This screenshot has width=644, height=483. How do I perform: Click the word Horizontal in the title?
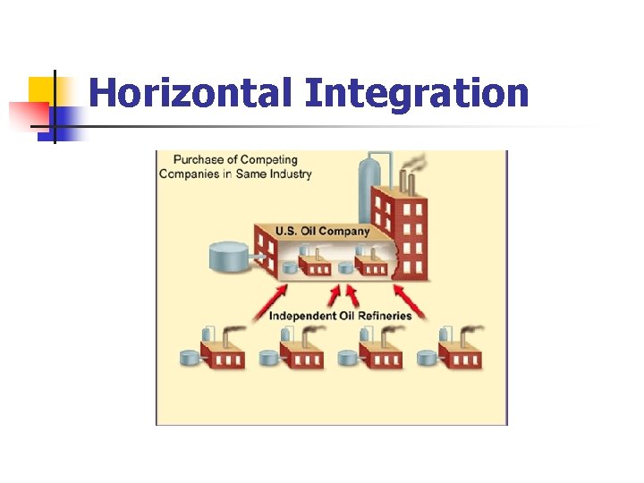pyautogui.click(x=191, y=92)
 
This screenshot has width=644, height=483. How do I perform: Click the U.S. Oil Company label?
pyautogui.click(x=322, y=231)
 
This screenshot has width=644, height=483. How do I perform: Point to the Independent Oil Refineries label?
pyautogui.click(x=340, y=315)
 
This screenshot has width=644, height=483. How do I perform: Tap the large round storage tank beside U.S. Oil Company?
pyautogui.click(x=229, y=257)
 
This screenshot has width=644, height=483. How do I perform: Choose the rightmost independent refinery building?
pyautogui.click(x=460, y=353)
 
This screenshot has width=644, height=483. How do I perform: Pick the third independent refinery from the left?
pyautogui.click(x=381, y=353)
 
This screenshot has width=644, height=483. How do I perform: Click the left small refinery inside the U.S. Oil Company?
pyautogui.click(x=312, y=264)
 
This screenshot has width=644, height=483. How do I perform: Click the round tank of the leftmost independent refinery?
pyautogui.click(x=191, y=358)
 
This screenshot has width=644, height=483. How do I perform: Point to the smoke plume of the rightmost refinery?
pyautogui.click(x=470, y=330)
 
